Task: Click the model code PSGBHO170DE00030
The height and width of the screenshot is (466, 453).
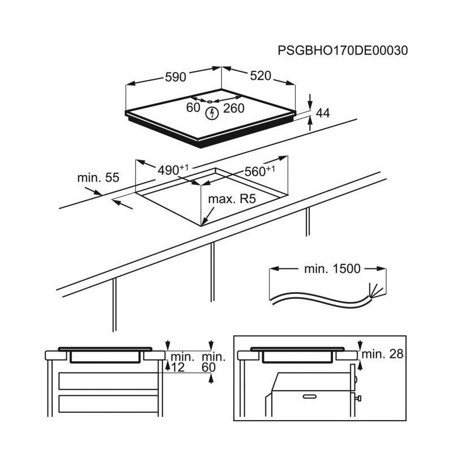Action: pyautogui.click(x=343, y=50)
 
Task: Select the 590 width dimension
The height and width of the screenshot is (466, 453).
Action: pyautogui.click(x=176, y=77)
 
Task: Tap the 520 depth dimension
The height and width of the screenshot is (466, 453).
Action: pyautogui.click(x=260, y=76)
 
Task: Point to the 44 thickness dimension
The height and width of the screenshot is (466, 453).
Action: pyautogui.click(x=323, y=113)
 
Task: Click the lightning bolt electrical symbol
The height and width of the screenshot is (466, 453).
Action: pyautogui.click(x=212, y=113)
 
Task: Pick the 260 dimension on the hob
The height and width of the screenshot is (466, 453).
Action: pyautogui.click(x=234, y=108)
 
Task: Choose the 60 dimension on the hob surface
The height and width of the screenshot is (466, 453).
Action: pyautogui.click(x=193, y=108)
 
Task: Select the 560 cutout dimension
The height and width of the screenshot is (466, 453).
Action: pyautogui.click(x=260, y=171)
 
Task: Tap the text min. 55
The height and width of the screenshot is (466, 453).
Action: pyautogui.click(x=98, y=177)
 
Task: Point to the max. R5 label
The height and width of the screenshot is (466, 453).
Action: pyautogui.click(x=232, y=199)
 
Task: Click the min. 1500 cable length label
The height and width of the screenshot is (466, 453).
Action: pyautogui.click(x=332, y=268)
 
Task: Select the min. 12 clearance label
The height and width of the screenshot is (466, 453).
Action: pyautogui.click(x=181, y=362)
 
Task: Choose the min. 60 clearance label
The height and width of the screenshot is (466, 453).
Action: pyautogui.click(x=213, y=362)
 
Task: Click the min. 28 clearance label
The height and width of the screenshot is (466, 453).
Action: pyautogui.click(x=383, y=354)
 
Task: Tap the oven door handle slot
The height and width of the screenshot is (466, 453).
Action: pyautogui.click(x=309, y=396)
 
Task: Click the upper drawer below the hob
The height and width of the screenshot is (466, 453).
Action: pyautogui.click(x=108, y=381)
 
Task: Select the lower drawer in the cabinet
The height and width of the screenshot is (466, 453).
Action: pyautogui.click(x=108, y=404)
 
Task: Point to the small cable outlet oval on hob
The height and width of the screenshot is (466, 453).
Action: pyautogui.click(x=210, y=101)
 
